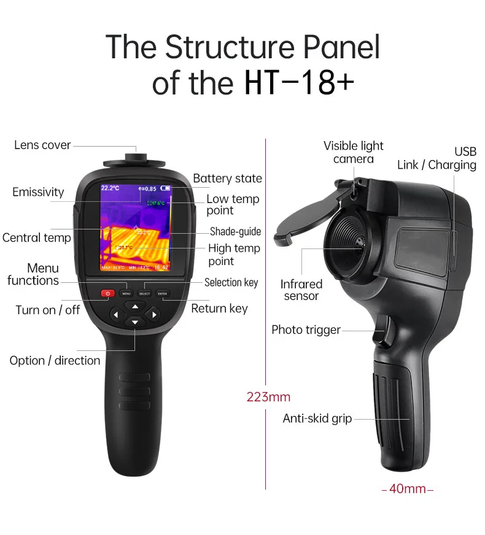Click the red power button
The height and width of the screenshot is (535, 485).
[x=108, y=293]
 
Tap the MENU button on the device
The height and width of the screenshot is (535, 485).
[x=126, y=293]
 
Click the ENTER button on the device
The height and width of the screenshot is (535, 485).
[x=162, y=293]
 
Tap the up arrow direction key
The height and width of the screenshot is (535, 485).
[x=134, y=305]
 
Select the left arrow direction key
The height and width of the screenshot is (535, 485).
[x=116, y=314]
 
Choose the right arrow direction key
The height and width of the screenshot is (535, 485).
[x=153, y=314]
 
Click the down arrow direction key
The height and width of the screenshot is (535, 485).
[x=134, y=322]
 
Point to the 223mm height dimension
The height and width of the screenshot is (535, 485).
[x=268, y=397]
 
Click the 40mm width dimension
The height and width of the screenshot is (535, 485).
[x=408, y=489]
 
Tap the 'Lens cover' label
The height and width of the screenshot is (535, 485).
[x=42, y=145]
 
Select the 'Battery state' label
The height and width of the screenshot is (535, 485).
[x=227, y=179]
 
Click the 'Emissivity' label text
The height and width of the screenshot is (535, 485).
[x=38, y=192]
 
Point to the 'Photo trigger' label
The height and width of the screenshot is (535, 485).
[x=306, y=330]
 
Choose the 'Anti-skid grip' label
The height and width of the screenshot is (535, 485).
[x=317, y=418]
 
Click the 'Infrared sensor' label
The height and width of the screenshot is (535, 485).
[x=301, y=290]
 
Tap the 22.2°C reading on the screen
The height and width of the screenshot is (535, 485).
[x=111, y=188]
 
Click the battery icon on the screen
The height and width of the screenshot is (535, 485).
[x=167, y=188]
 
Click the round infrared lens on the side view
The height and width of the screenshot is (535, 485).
[x=350, y=239]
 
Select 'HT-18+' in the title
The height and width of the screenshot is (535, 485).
[x=299, y=83]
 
